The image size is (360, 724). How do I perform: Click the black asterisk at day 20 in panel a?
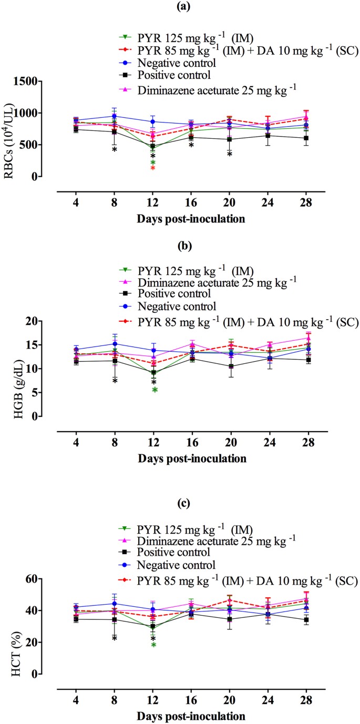(230, 155)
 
